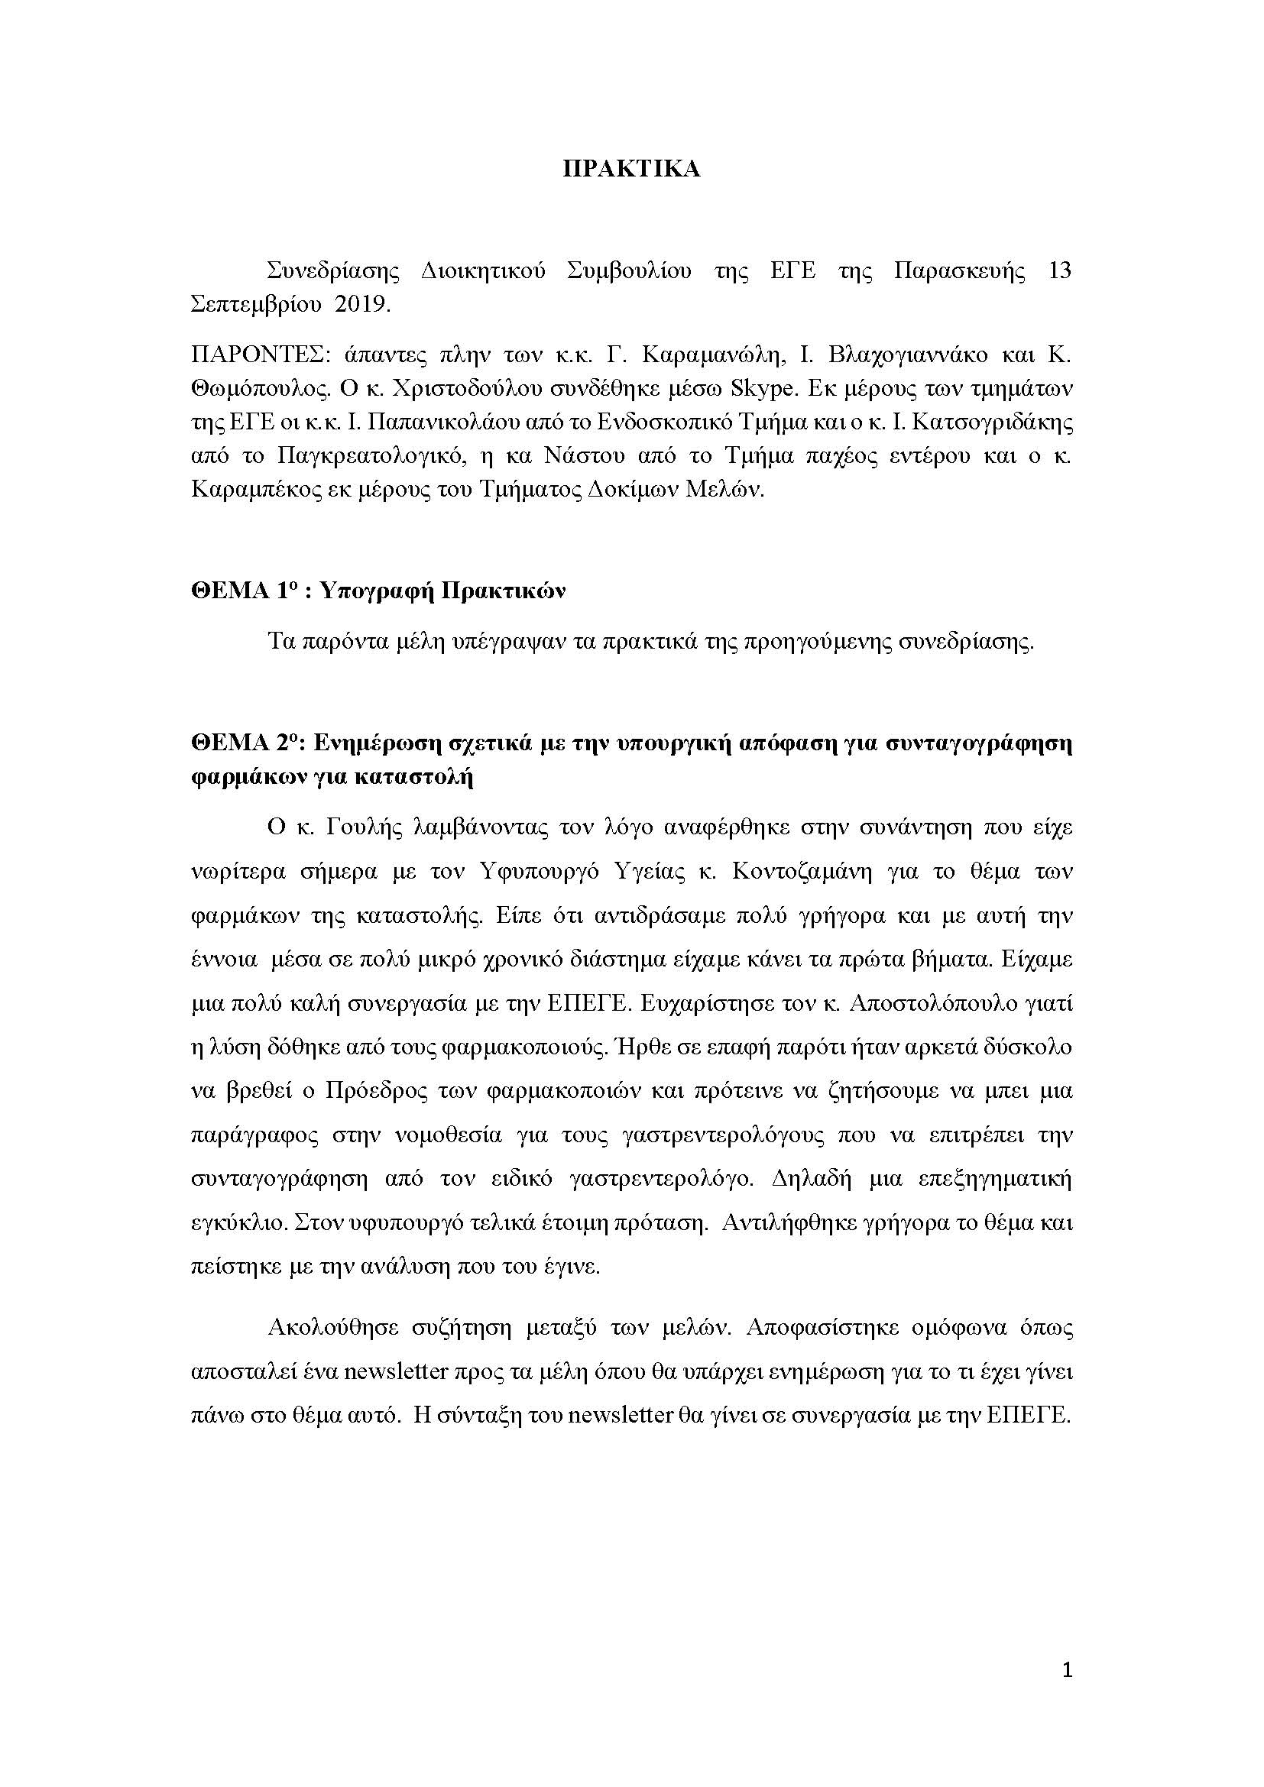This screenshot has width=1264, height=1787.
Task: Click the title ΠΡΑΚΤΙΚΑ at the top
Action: pos(631,170)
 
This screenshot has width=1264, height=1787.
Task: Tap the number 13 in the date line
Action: pos(1059,272)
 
